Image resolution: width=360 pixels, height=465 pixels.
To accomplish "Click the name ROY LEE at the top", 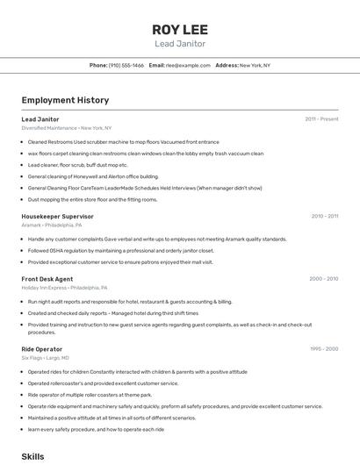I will click(x=179, y=29).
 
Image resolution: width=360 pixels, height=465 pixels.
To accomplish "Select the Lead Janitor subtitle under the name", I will click(x=179, y=43).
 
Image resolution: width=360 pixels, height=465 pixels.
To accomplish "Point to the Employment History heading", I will click(x=65, y=100).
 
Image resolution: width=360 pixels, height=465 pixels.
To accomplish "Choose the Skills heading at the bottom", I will click(x=32, y=456).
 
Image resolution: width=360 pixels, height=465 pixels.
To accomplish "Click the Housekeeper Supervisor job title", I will click(x=57, y=216).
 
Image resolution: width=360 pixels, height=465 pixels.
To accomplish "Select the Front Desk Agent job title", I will click(x=47, y=279).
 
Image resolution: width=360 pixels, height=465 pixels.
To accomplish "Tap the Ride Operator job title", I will click(x=41, y=349).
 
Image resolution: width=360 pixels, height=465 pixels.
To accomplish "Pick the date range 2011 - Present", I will click(x=321, y=119).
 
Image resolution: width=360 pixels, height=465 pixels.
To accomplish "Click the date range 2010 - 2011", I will click(x=324, y=216).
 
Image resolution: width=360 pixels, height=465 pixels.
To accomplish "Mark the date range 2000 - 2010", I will click(x=323, y=279).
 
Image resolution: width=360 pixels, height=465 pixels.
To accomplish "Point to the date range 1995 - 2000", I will click(x=323, y=349).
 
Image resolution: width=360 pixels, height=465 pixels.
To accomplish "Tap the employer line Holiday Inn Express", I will click(x=64, y=288).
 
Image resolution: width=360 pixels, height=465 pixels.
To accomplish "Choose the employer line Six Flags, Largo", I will click(x=45, y=358).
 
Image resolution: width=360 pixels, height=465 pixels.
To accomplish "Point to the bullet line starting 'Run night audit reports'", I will click(x=130, y=301).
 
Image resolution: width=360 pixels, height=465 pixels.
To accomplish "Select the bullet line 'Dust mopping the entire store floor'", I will click(x=92, y=199).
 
